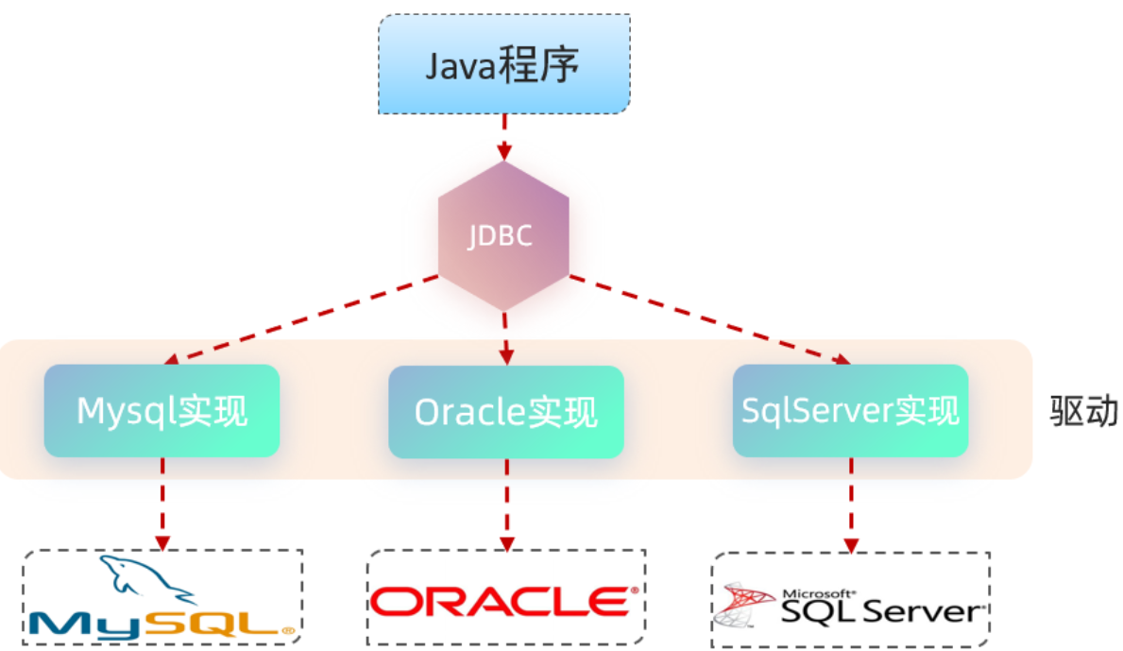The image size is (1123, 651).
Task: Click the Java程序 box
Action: coord(504,63)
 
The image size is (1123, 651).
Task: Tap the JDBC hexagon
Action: coord(503,235)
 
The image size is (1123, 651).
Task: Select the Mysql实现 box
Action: coord(162,410)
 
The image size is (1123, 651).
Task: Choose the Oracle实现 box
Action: coord(505,412)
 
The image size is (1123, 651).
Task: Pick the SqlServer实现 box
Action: coord(850,410)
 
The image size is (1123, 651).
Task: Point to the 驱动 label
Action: coord(1083,411)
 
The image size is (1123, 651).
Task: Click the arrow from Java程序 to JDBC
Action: coord(504,137)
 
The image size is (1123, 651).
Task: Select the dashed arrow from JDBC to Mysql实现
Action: coord(300,320)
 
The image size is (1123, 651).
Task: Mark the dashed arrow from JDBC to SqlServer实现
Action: coord(710,319)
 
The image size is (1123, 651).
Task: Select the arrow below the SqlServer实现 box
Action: coord(851,505)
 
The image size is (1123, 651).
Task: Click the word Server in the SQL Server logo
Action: coord(922,611)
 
